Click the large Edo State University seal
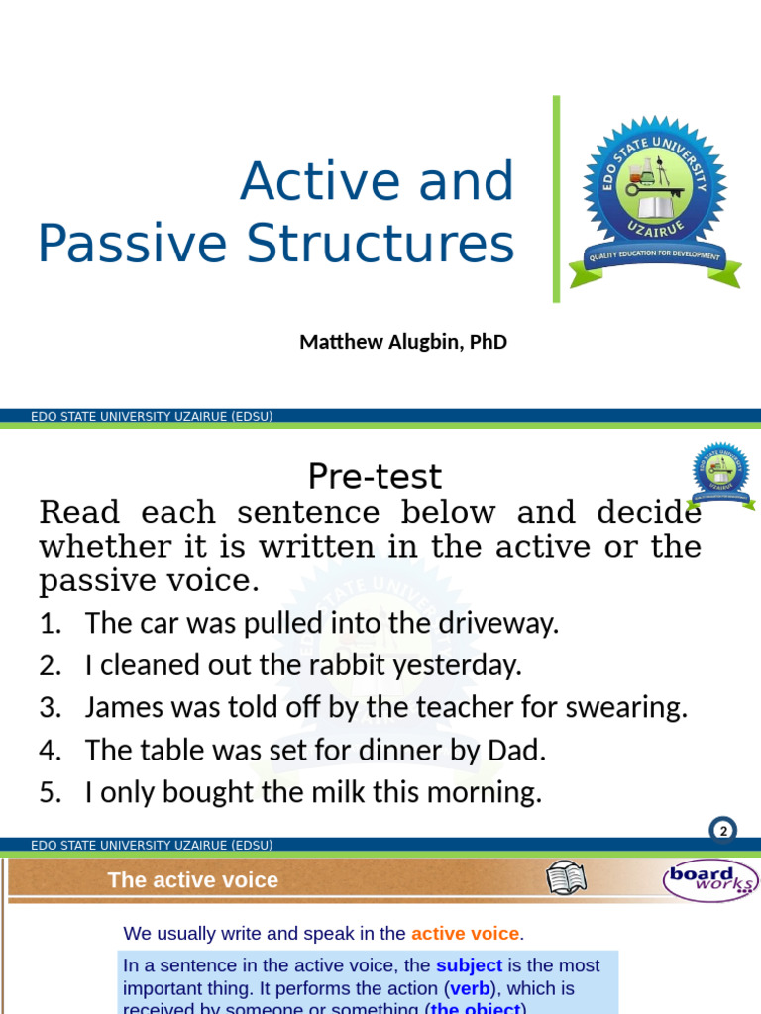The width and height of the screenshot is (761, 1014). tap(655, 198)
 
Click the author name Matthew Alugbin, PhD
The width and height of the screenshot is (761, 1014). tap(403, 343)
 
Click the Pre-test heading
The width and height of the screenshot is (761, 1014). tap(375, 477)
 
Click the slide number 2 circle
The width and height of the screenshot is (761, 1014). tap(723, 831)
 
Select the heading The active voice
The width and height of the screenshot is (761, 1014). tap(193, 880)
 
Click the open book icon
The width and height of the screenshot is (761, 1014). tap(567, 878)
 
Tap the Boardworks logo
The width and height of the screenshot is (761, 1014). tap(708, 879)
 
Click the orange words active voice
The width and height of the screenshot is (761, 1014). tap(465, 934)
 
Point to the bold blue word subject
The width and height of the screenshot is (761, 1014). tap(469, 965)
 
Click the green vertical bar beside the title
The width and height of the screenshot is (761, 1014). tap(556, 198)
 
